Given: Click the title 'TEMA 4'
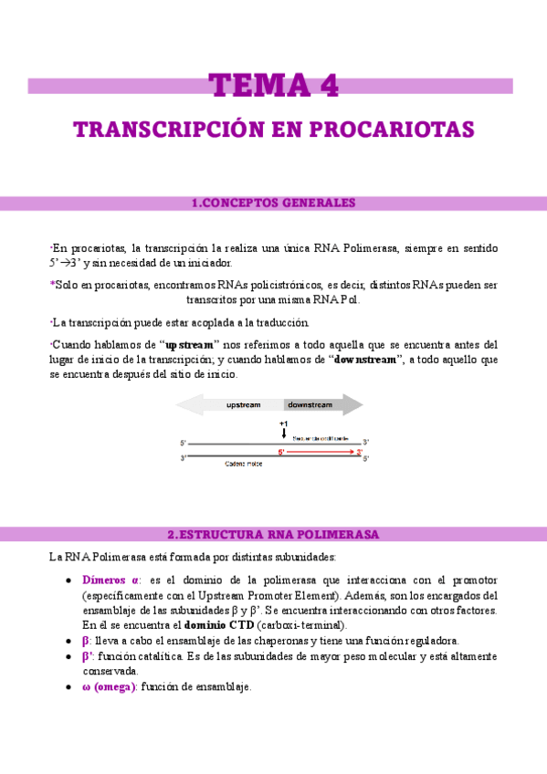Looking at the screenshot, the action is [x=274, y=85].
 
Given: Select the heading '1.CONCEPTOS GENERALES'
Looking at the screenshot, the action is [x=274, y=203].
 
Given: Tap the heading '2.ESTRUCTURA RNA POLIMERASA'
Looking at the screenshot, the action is [x=274, y=533].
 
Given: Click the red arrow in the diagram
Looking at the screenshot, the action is [x=320, y=452].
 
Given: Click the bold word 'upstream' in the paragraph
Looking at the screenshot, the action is [x=189, y=345].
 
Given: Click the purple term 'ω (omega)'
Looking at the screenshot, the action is [x=110, y=686].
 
